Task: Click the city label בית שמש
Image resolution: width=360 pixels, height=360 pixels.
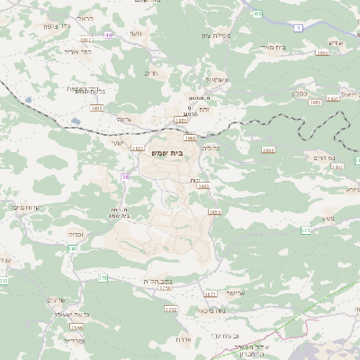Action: pyautogui.click(x=168, y=154)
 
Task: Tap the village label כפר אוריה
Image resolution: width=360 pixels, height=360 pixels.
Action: pyautogui.click(x=79, y=51)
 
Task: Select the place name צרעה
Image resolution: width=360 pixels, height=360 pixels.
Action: pyautogui.click(x=125, y=119)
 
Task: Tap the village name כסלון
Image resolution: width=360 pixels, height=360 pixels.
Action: pyautogui.click(x=301, y=92)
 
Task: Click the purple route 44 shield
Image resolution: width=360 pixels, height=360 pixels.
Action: pyautogui.click(x=109, y=34)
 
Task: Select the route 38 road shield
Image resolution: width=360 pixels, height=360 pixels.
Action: pyautogui.click(x=125, y=177)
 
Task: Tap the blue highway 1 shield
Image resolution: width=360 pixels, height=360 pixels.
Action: pyautogui.click(x=298, y=29)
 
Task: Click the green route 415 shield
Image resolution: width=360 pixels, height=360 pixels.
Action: pyautogui.click(x=258, y=14)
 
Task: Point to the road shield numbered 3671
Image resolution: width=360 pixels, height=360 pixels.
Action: pyautogui.click(x=211, y=293)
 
